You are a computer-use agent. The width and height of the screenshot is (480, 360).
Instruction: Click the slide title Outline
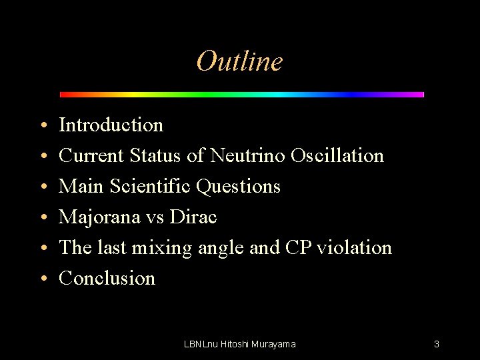coord(240,61)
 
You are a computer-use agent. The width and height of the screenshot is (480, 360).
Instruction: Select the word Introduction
coord(111,125)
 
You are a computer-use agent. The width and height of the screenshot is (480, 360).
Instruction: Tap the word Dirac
coord(193,217)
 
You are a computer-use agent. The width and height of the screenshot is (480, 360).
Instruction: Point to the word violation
coord(354,247)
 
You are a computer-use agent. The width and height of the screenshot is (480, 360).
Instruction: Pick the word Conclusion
coord(107,278)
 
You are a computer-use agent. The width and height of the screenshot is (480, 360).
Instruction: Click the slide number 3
coord(436,344)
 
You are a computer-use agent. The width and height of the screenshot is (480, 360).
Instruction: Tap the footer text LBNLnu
coord(199,344)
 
